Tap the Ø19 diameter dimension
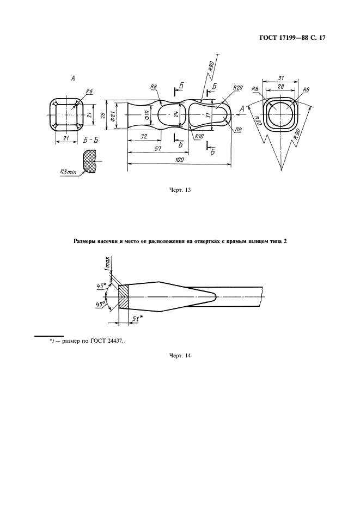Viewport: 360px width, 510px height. pyautogui.click(x=148, y=115)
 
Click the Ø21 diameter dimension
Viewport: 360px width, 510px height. pyautogui.click(x=113, y=115)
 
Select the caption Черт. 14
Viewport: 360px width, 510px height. pyautogui.click(x=180, y=356)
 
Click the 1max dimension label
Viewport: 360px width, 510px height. pyautogui.click(x=108, y=265)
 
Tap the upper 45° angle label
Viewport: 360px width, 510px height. pyautogui.click(x=100, y=284)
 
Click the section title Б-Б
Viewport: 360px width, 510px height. pyautogui.click(x=91, y=140)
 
